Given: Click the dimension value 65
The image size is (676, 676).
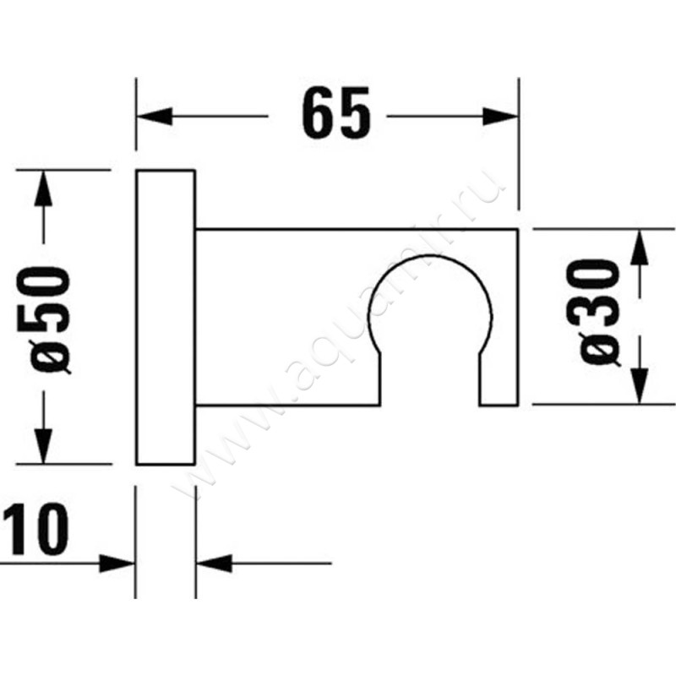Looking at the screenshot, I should point(337,113).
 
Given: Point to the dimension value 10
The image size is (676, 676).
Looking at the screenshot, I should point(35,530).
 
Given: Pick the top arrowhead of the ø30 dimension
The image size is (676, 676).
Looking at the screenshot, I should point(641,245).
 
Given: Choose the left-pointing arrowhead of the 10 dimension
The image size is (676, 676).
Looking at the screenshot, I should point(213,563).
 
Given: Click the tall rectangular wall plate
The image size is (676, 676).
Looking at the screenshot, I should point(166,318).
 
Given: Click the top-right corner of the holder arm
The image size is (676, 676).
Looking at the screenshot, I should point(518,229).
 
